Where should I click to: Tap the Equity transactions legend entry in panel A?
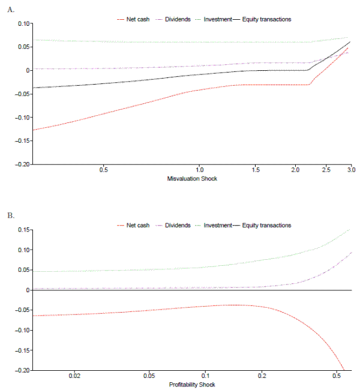point(266,19)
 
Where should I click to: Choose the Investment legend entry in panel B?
point(218,225)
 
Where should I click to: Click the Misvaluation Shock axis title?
point(193,179)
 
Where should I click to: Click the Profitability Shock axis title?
point(193,385)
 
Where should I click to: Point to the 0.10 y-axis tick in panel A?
point(22,23)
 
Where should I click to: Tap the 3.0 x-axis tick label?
point(351,171)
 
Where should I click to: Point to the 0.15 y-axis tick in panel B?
point(22,230)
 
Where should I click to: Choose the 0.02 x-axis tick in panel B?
point(75,377)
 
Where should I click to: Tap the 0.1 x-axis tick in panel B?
point(206,377)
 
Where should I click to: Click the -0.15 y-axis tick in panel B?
point(21,350)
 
